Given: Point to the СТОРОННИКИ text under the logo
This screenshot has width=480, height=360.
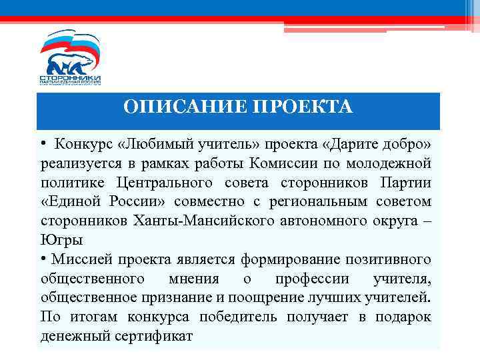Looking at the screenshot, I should [70, 78].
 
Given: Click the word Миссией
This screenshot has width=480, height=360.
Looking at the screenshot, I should [85, 259].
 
